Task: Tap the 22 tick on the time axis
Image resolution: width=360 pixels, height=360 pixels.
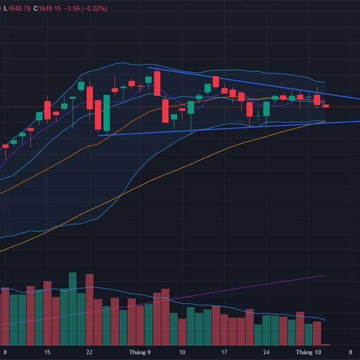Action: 89,352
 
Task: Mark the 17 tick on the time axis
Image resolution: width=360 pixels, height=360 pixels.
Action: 224,352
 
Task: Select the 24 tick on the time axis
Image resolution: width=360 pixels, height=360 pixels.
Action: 266,352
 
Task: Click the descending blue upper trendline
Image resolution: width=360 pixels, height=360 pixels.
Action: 252,83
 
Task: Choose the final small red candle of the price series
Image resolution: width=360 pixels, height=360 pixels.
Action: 326,106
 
